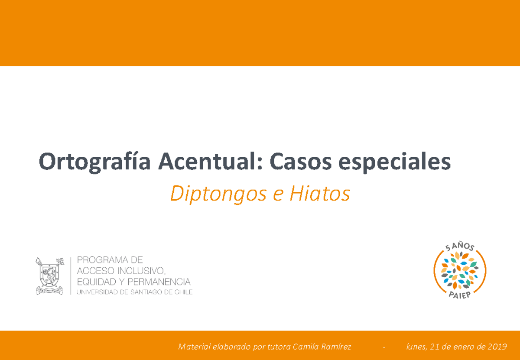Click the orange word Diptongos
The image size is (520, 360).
[218, 195]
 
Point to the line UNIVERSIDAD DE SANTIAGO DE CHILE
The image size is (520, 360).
[134, 292]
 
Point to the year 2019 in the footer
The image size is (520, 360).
[497, 347]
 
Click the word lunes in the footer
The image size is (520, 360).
[416, 347]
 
